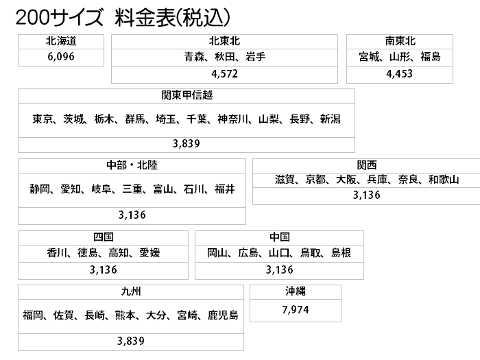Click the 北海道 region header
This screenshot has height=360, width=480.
pyautogui.click(x=61, y=41)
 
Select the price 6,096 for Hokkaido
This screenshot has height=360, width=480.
pyautogui.click(x=61, y=57)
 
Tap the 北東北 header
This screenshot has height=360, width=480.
pyautogui.click(x=224, y=41)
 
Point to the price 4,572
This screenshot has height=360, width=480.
pyautogui.click(x=224, y=74)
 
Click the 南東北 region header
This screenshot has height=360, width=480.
pyautogui.click(x=400, y=41)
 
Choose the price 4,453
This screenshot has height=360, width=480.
pyautogui.click(x=400, y=74)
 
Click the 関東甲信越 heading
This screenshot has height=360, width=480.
pyautogui.click(x=187, y=95)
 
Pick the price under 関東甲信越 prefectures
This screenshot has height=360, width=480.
pyautogui.click(x=186, y=143)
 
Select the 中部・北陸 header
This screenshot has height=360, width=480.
pyautogui.click(x=132, y=165)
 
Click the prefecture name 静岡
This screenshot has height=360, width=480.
pyautogui.click(x=40, y=189)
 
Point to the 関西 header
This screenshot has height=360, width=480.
pyautogui.click(x=367, y=165)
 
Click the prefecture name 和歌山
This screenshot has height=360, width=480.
pyautogui.click(x=444, y=180)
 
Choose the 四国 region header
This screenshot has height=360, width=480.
pyautogui.click(x=104, y=237)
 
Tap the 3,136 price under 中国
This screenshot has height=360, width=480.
pyautogui.click(x=279, y=269)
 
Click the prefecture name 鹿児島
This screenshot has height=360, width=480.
pyautogui.click(x=223, y=315)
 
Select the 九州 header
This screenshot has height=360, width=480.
pyautogui.click(x=131, y=291)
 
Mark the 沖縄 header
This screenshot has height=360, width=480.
pyautogui.click(x=296, y=291)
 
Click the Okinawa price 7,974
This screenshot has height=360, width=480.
pyautogui.click(x=296, y=310)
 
